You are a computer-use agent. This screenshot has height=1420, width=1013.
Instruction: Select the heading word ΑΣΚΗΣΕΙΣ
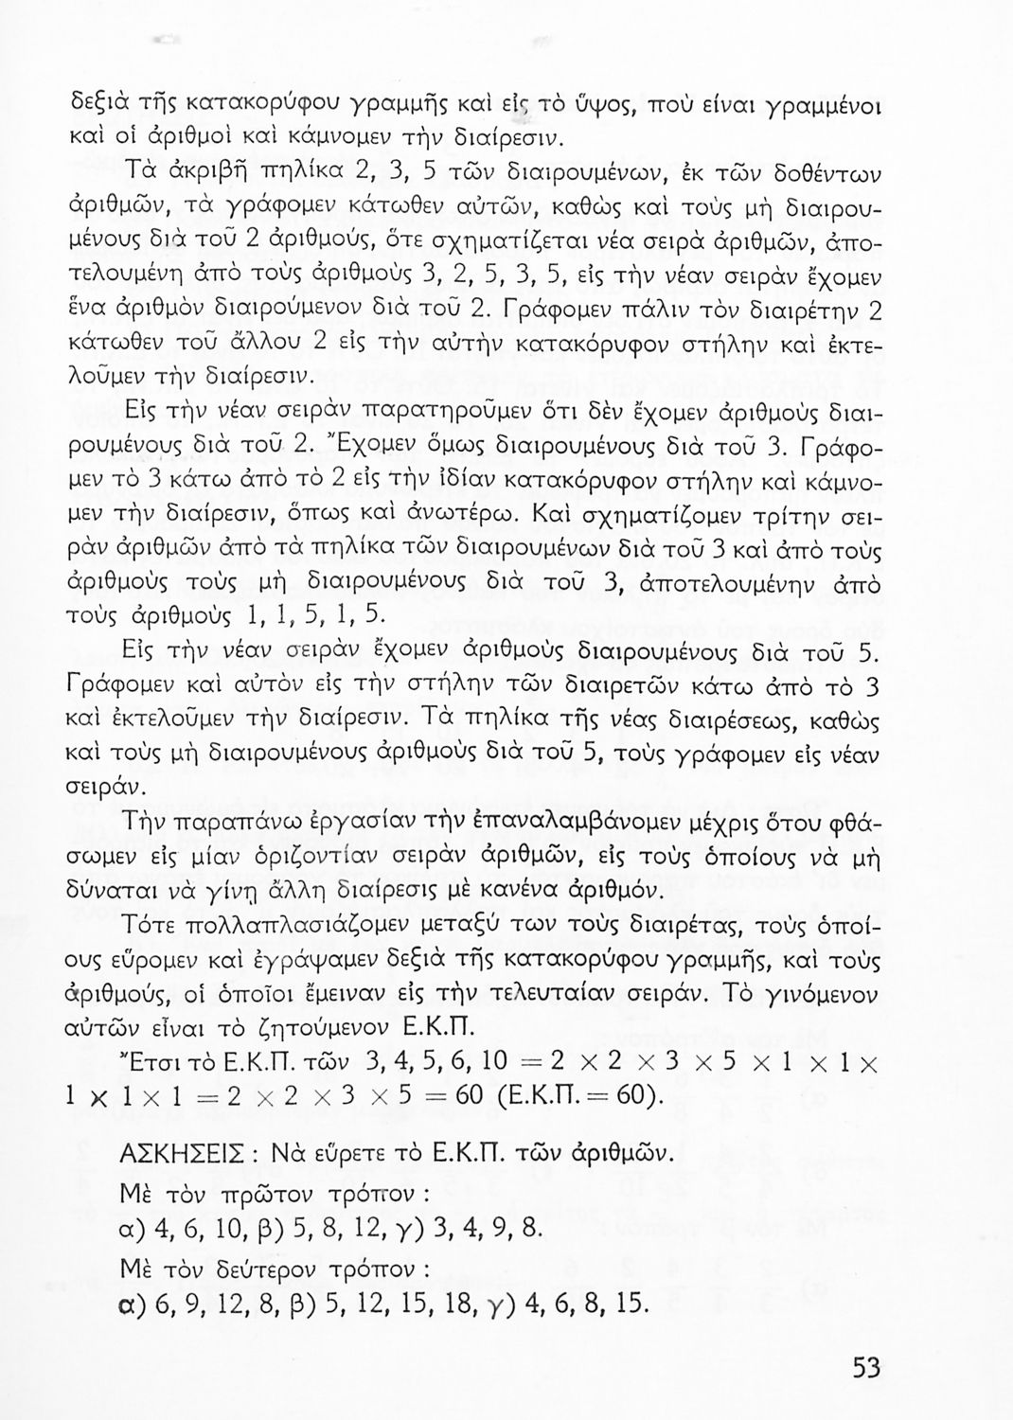[x=181, y=1156]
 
